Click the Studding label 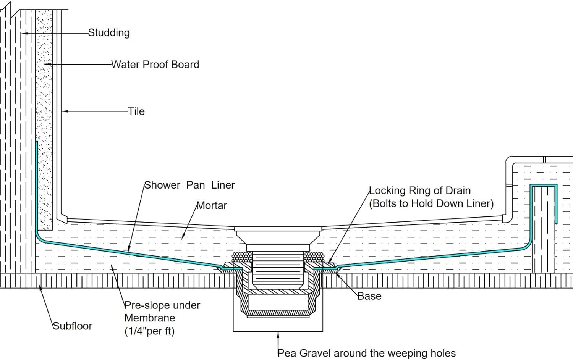pos(109,33)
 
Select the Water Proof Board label pos(155,65)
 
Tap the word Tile pos(136,111)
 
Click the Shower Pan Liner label pos(189,185)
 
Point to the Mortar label pos(212,205)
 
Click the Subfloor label pos(73,326)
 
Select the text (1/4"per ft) pos(149,331)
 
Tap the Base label pos(369,296)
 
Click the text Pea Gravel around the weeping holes pos(367,354)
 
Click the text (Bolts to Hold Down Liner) pos(431,203)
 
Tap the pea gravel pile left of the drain pos(242,257)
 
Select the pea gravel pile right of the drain pos(314,257)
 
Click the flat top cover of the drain pos(278,229)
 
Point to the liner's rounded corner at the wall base pos(39,237)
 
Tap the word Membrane pos(150,318)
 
